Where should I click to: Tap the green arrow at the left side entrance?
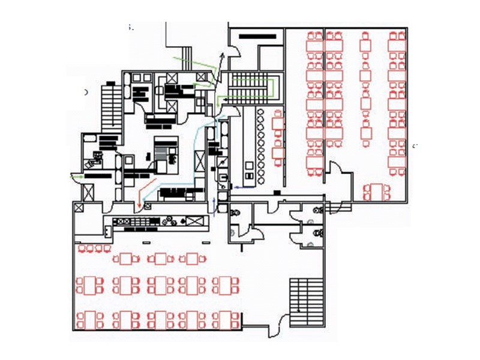point(77,177)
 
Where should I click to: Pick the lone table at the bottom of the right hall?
point(376,191)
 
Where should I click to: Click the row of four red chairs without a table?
point(94,248)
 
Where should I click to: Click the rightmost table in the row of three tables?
point(193,259)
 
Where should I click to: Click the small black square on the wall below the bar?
point(277,192)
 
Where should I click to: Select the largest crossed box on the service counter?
point(194,221)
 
